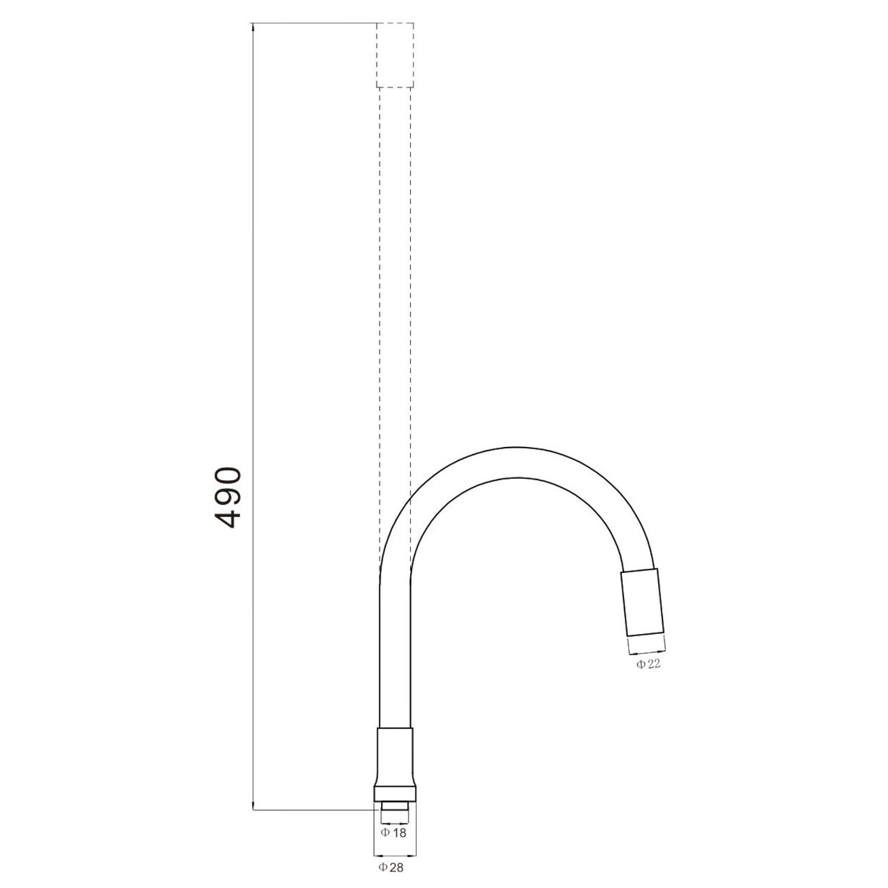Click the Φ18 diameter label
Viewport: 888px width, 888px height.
(394, 832)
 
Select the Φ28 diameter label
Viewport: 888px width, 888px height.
(391, 868)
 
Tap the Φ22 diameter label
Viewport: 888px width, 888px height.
(648, 664)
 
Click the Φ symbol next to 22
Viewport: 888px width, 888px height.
(641, 664)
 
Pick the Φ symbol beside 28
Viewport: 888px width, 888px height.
(382, 868)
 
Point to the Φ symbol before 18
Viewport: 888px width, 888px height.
(385, 832)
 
